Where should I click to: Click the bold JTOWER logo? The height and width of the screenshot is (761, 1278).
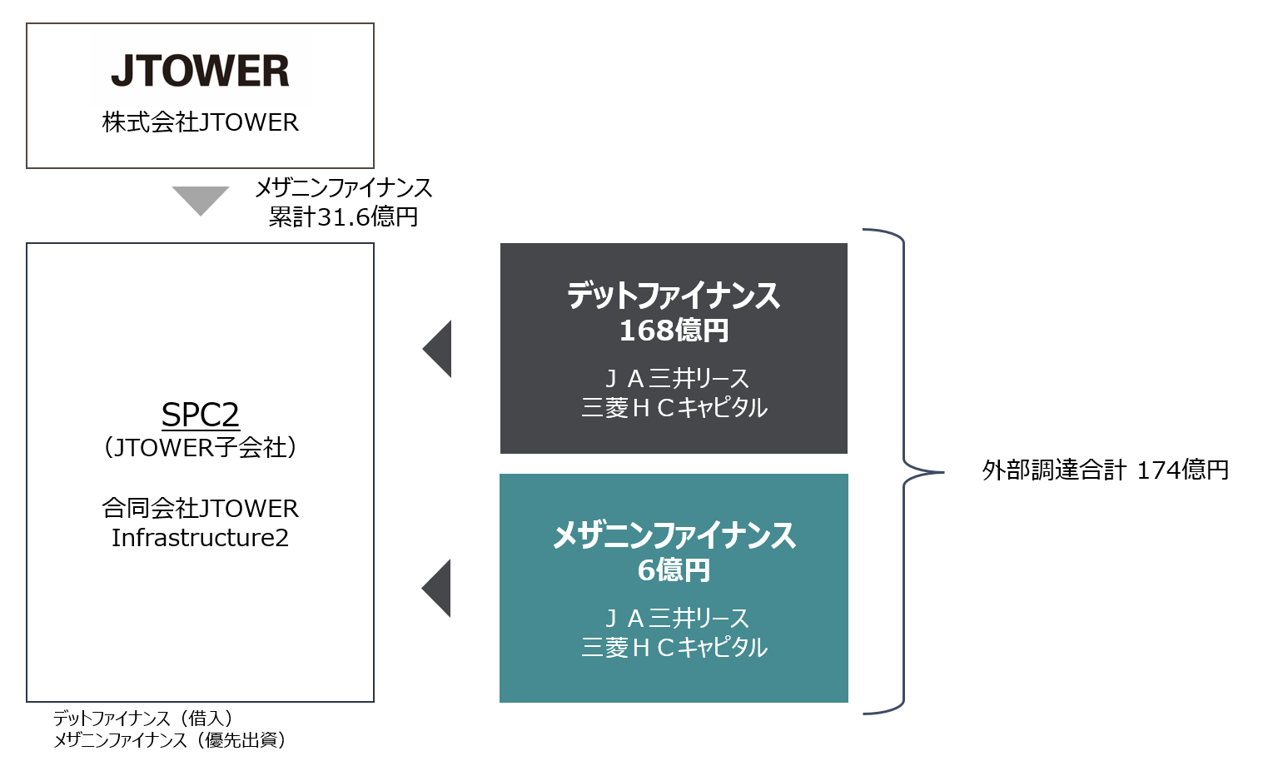[x=200, y=71]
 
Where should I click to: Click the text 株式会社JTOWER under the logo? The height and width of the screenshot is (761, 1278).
[x=200, y=122]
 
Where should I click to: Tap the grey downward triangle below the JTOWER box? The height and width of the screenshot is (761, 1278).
[x=201, y=199]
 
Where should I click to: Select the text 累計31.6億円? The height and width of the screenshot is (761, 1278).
[x=343, y=217]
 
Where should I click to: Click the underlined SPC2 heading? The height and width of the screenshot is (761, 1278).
[x=200, y=415]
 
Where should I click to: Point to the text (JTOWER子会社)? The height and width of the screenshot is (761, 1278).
[x=200, y=448]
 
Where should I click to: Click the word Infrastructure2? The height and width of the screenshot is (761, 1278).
[x=200, y=538]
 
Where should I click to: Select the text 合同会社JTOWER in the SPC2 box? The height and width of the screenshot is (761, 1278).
[x=200, y=508]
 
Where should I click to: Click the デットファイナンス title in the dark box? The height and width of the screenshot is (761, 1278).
[x=674, y=296]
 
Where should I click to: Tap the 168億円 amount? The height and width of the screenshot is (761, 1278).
[x=674, y=331]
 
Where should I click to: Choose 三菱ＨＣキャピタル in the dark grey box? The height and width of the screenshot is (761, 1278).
[x=674, y=407]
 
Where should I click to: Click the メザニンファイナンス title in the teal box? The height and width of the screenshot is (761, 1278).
[x=674, y=535]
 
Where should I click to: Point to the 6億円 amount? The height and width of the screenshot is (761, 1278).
[x=674, y=570]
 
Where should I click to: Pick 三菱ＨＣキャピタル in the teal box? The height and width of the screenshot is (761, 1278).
[x=674, y=647]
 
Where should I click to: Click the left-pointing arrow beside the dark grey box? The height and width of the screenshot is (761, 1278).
[x=439, y=349]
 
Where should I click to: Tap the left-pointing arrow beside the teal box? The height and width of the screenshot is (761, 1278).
[x=438, y=588]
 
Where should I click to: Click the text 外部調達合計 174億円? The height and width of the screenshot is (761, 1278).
[x=1105, y=470]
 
